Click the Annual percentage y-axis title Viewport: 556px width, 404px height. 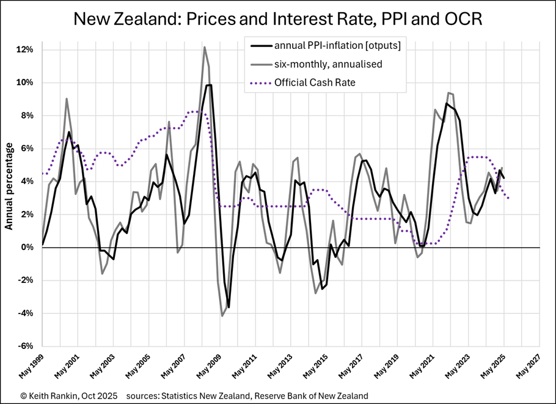point(10,186)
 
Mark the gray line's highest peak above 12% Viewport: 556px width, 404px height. point(205,47)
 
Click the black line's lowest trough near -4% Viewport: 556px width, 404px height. point(229,307)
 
